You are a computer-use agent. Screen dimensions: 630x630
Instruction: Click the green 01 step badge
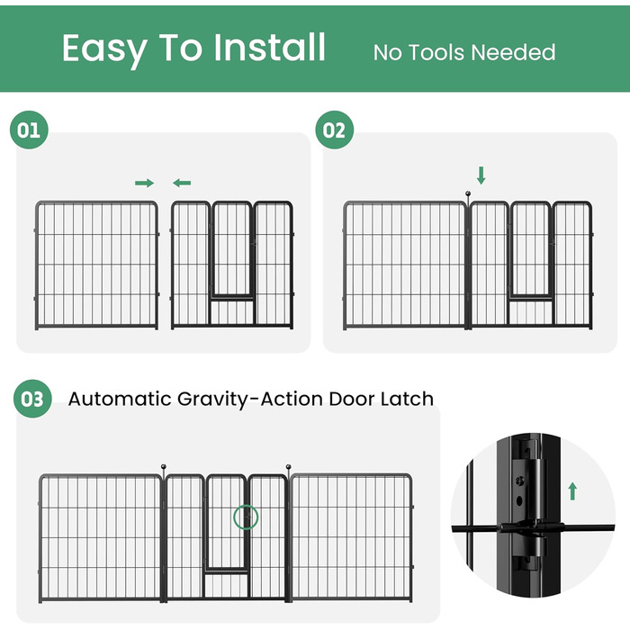click(x=29, y=130)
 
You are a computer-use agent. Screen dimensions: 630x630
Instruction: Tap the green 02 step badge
click(x=334, y=130)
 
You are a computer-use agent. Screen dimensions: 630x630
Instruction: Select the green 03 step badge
click(x=32, y=399)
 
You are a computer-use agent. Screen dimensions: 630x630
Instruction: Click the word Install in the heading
click(x=269, y=48)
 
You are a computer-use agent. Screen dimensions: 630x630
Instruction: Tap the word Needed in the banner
click(x=513, y=52)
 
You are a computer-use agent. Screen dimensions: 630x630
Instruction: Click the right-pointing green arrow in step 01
click(x=144, y=184)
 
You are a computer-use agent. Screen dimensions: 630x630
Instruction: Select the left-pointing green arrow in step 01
click(x=182, y=184)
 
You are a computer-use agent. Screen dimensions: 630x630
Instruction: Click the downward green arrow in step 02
click(x=481, y=175)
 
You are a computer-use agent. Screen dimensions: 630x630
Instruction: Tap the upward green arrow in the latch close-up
click(x=572, y=491)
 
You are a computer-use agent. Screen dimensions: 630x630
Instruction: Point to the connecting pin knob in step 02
click(x=468, y=194)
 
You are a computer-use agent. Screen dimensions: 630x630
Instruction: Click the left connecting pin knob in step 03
click(x=164, y=467)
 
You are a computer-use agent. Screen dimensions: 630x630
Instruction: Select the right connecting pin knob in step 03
click(x=289, y=467)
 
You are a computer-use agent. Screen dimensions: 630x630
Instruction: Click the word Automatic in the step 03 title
click(x=120, y=399)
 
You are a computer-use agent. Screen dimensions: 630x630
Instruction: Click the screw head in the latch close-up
click(x=519, y=480)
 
